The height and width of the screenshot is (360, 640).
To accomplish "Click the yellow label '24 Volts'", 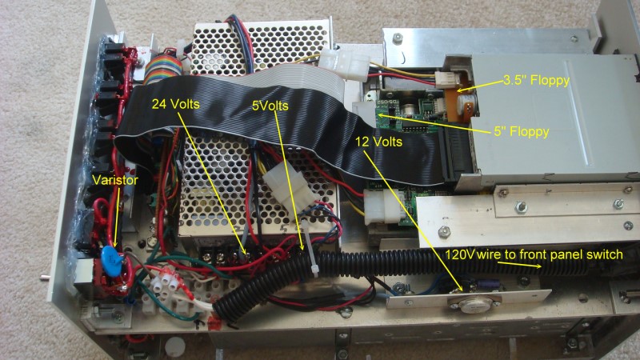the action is tap(175, 104).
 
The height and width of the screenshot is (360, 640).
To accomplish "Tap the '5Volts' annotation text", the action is tap(270, 106).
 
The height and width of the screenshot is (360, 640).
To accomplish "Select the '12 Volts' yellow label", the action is tap(378, 142).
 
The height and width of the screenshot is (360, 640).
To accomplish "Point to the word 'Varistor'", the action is tap(115, 180).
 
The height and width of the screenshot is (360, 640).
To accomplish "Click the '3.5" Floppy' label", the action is tap(536, 80).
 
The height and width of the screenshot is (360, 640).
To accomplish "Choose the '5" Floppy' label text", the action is tap(522, 132).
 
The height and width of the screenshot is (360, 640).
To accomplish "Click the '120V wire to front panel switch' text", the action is tap(534, 254).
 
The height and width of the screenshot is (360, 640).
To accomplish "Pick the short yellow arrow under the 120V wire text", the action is tap(519, 265).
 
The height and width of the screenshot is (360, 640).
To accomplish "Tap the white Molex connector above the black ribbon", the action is tap(344, 62).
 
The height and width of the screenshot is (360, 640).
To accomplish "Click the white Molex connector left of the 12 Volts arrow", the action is tap(381, 207).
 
